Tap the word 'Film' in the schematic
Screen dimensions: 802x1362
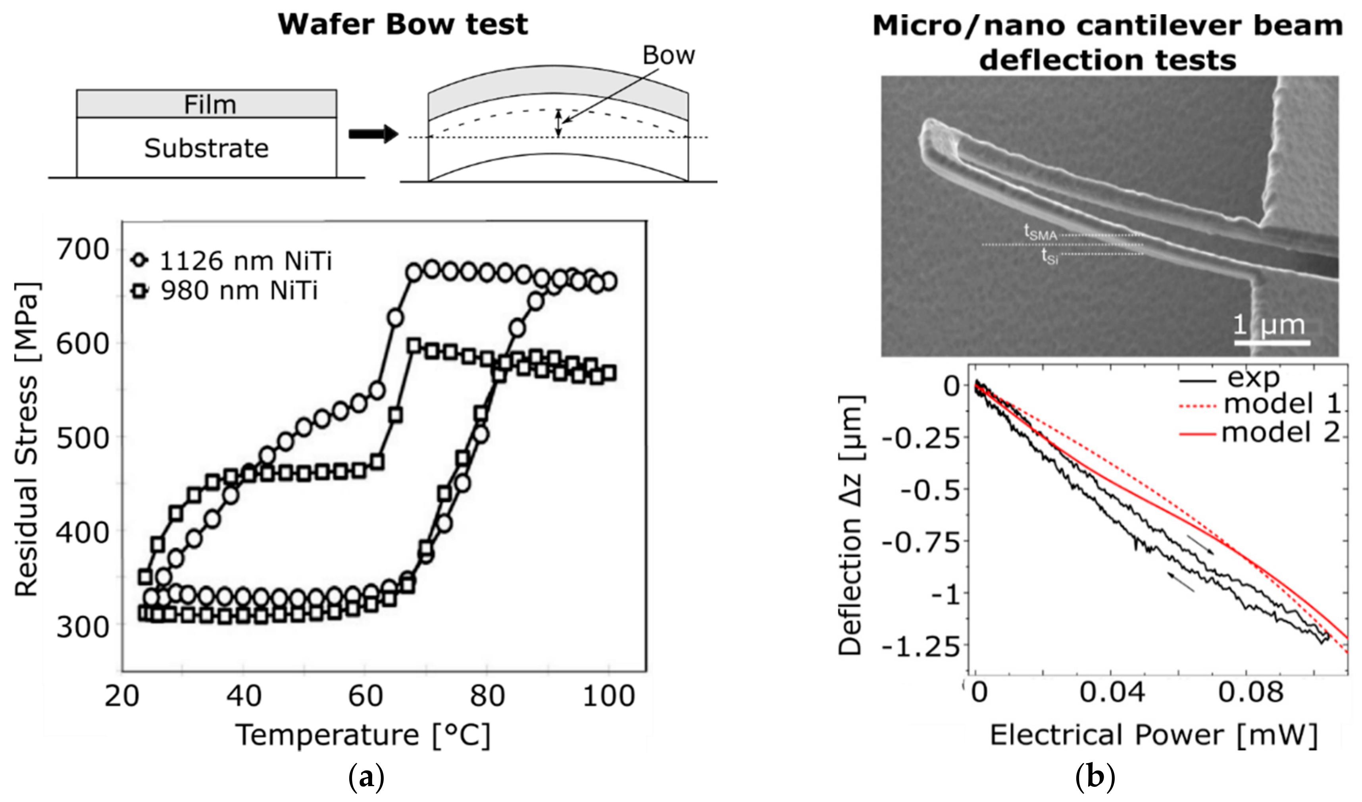(x=210, y=104)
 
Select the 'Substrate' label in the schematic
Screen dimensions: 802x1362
(x=206, y=148)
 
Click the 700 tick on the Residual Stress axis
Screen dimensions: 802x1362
(x=84, y=250)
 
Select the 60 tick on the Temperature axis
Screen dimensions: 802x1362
(x=366, y=696)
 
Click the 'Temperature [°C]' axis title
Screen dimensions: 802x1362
(x=363, y=735)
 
